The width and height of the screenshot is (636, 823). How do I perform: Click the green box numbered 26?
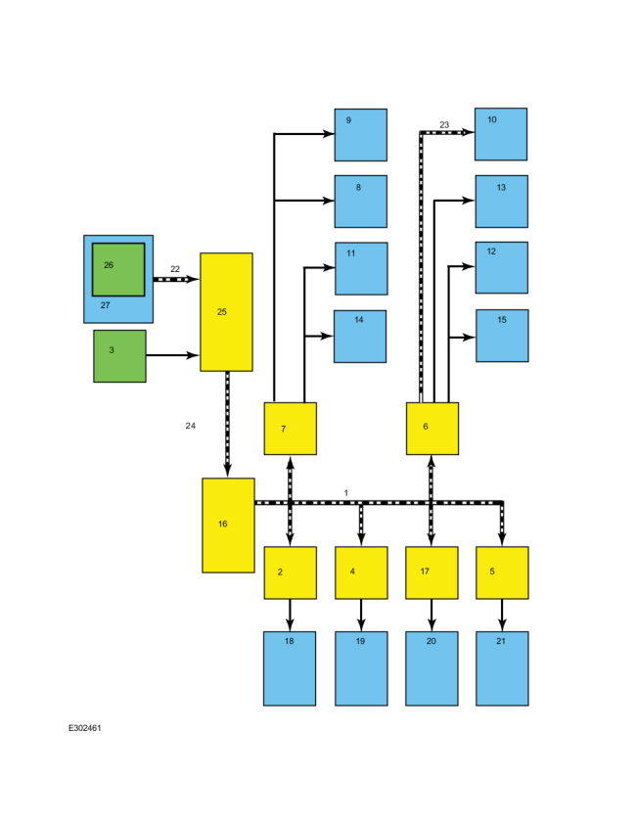coord(118,270)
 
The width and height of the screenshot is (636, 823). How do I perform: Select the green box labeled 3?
coord(119,356)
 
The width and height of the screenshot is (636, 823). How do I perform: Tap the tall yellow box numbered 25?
coord(226,312)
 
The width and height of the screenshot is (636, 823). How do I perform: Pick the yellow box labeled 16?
coord(228,526)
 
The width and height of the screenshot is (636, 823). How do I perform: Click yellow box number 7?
coord(291,429)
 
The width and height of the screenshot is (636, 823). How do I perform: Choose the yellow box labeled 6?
coord(432,429)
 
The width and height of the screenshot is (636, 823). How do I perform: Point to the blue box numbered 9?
coord(361,135)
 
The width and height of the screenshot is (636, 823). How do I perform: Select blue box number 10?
coord(501,134)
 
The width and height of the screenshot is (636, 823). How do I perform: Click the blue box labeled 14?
coord(360,337)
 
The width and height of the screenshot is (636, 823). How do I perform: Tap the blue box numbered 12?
coord(502,268)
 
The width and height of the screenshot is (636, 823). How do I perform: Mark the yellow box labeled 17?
coord(432,572)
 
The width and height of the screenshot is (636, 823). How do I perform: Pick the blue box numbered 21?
coord(502,668)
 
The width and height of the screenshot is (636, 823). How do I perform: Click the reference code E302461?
coord(84,728)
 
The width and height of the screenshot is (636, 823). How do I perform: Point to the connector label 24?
coord(191,426)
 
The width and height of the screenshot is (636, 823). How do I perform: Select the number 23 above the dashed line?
coord(444,125)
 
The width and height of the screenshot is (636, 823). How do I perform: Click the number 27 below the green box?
coord(106,305)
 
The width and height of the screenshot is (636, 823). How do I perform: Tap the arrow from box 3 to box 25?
coord(172,355)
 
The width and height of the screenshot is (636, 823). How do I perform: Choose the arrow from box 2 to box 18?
coord(291,616)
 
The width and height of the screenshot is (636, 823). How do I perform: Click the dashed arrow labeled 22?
coord(176,279)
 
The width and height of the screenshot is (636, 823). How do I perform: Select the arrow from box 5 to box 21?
coord(502,616)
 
